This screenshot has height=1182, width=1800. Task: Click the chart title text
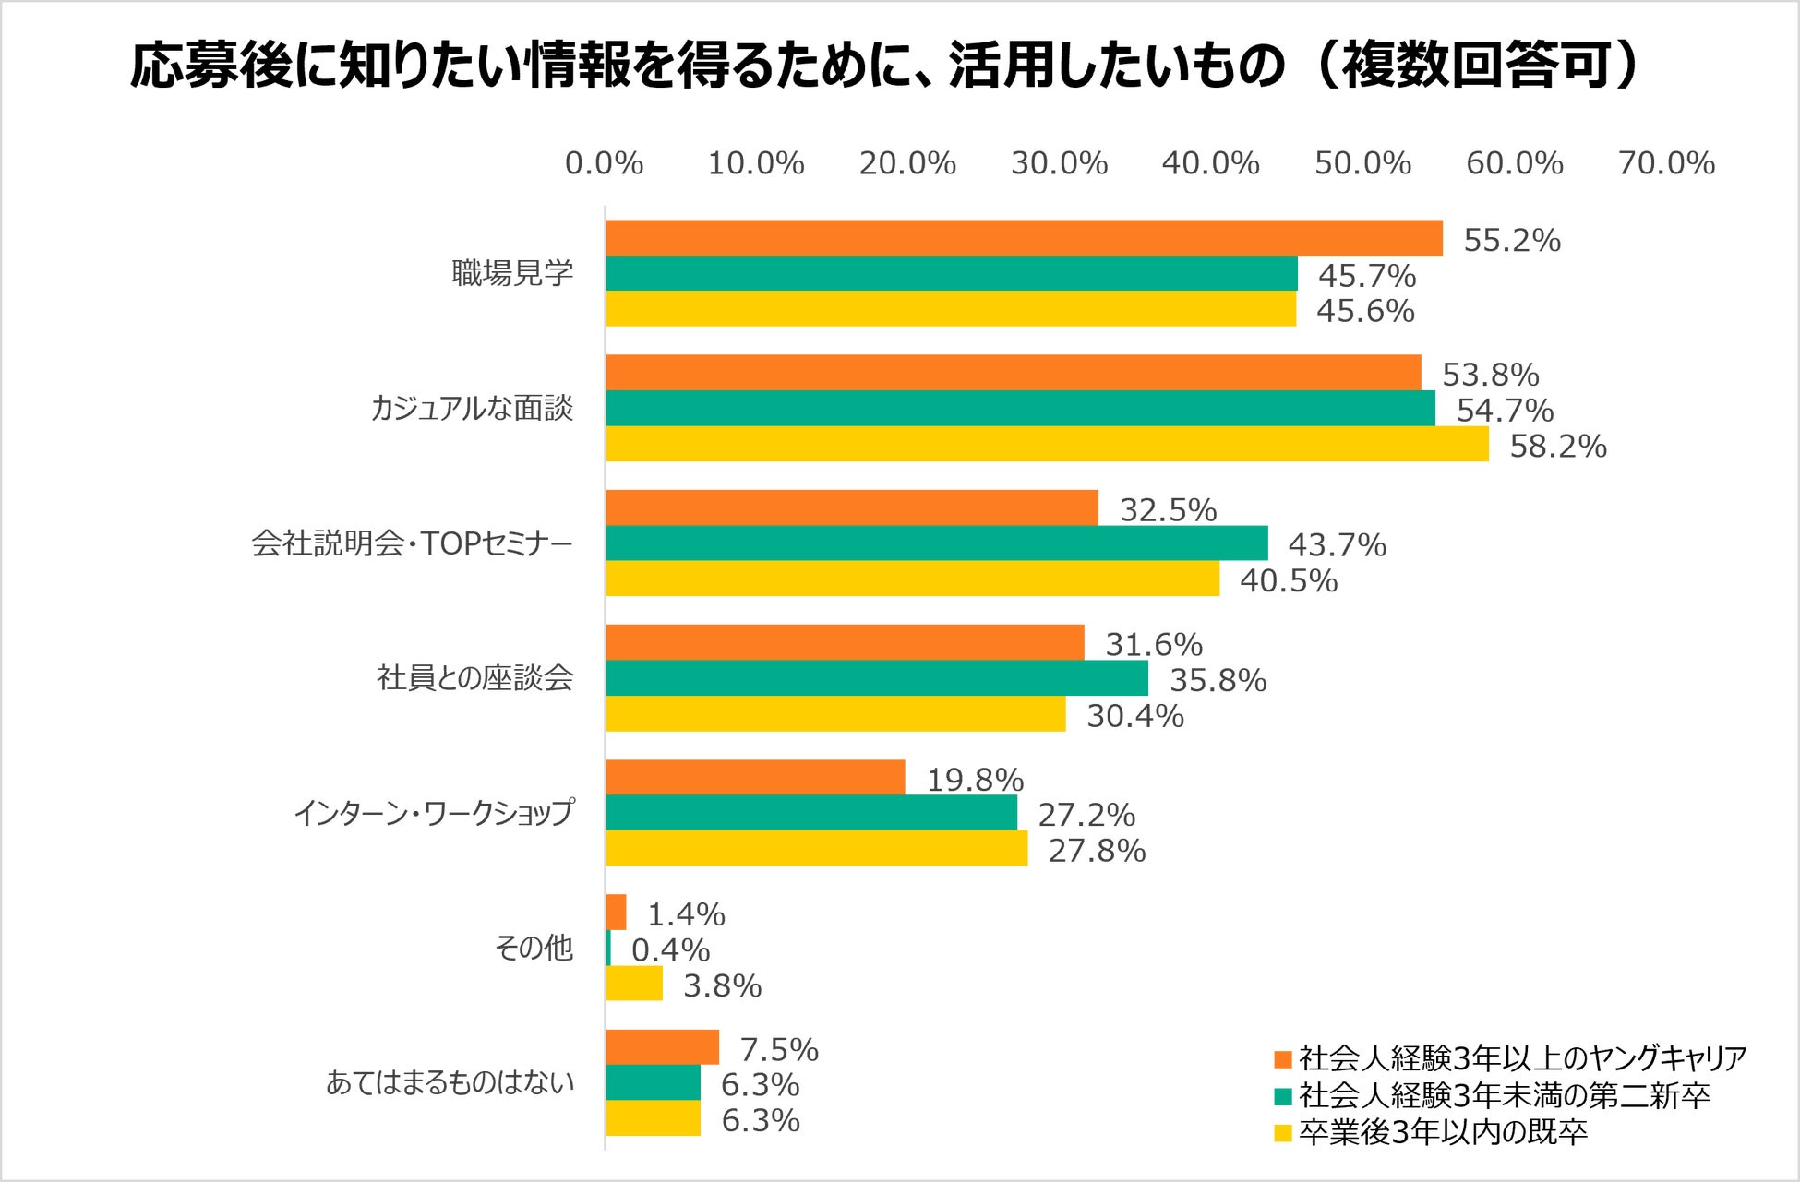884,66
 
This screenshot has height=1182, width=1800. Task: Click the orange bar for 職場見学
1024,238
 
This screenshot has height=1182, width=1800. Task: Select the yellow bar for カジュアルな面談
1047,444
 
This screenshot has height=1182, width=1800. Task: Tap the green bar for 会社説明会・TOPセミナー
936,543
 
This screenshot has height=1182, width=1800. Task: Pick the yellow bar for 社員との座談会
835,714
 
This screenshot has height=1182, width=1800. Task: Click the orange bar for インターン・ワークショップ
755,778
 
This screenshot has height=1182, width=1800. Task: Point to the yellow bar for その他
634,984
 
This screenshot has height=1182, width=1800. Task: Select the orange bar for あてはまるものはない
662,1047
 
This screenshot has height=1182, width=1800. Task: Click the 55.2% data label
1511,241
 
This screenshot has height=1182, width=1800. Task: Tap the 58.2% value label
1557,447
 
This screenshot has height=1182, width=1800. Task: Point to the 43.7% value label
1337,545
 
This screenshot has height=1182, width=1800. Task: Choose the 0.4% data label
670,949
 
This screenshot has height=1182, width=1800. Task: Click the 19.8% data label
975,780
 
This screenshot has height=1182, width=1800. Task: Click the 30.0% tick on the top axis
1059,163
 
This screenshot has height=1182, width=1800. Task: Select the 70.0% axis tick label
1666,163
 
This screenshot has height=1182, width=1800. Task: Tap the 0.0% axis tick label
604,163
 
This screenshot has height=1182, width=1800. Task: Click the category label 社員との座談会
474,678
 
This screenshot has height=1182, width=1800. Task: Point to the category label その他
534,948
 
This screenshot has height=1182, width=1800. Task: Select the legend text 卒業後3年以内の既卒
1443,1132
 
